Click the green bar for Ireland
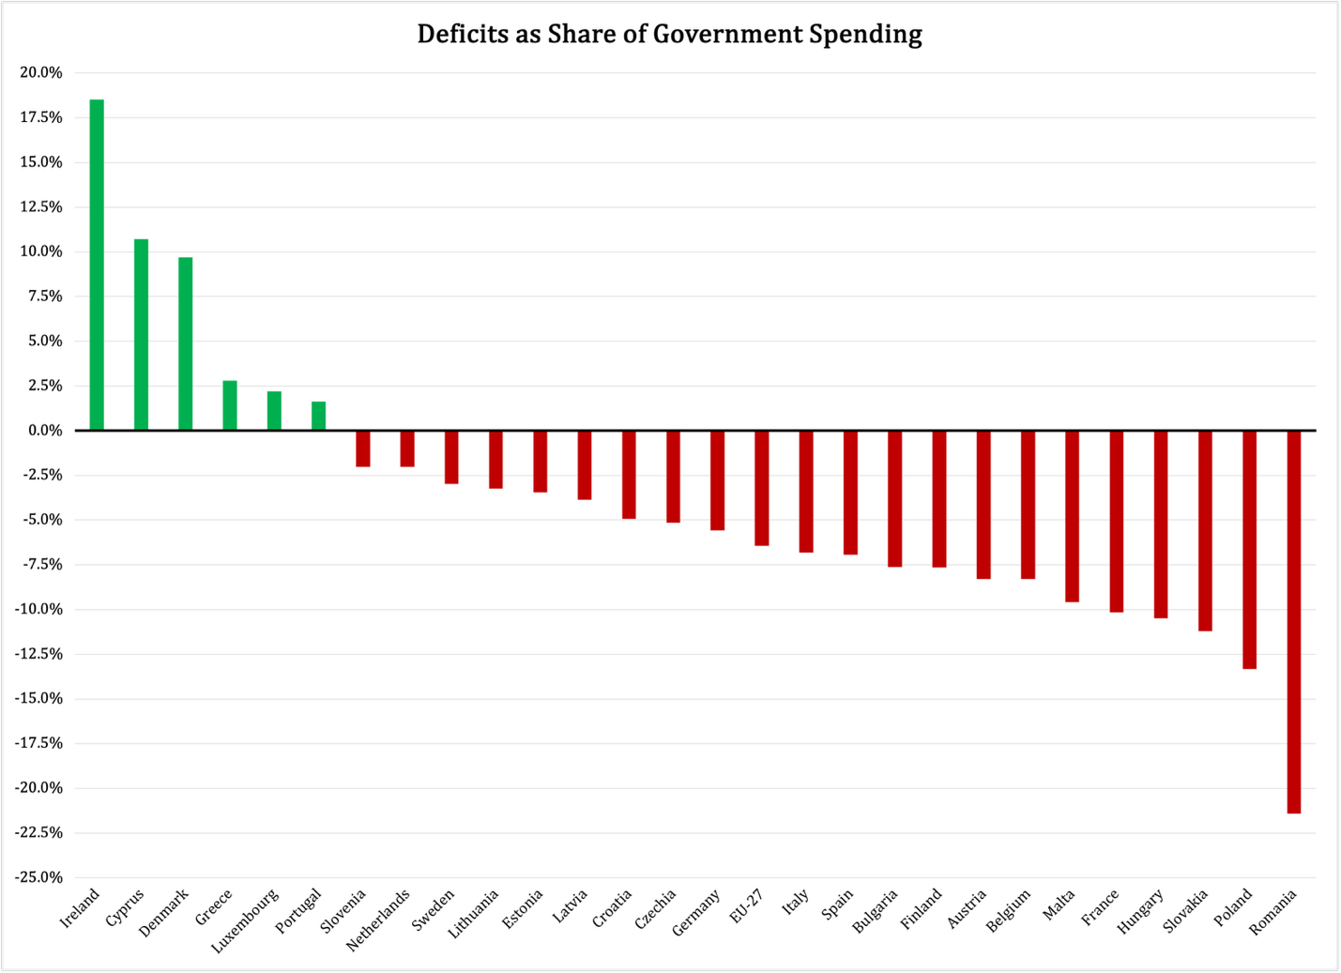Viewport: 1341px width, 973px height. coord(97,265)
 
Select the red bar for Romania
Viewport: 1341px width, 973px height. coord(1293,621)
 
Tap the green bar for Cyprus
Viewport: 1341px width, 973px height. coord(141,335)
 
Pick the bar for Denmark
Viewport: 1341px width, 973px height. coord(186,343)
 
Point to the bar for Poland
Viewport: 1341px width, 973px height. coord(1249,549)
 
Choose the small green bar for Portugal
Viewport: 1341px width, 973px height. coord(319,417)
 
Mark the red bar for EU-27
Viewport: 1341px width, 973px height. coord(761,488)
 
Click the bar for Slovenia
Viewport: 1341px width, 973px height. coord(363,448)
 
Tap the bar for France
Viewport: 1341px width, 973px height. coord(1116,521)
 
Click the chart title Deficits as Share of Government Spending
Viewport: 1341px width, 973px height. coord(669,35)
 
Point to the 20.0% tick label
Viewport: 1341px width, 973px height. coord(39,73)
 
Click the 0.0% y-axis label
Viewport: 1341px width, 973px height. coord(42,431)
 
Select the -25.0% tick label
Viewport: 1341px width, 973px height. coord(38,877)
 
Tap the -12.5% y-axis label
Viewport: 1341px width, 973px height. coord(38,654)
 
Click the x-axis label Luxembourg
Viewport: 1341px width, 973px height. coord(246,920)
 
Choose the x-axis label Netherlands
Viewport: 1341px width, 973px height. coord(379,920)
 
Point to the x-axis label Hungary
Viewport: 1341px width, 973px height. coord(1141,912)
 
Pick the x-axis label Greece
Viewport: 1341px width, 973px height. coord(214,907)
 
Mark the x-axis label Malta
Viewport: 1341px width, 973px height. coord(1059,905)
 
